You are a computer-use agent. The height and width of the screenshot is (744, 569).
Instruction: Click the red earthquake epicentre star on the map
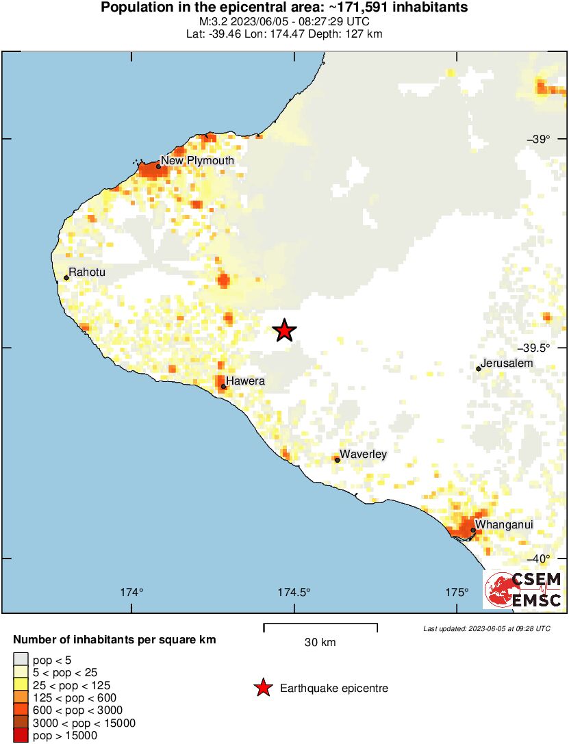tap(285, 331)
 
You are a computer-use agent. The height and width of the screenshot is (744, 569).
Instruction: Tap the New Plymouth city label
tap(197, 161)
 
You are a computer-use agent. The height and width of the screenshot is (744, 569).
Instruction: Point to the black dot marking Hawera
tap(223, 387)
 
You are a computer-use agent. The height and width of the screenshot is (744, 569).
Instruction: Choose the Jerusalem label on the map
tap(507, 363)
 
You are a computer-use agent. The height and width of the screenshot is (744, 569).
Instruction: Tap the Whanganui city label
tap(504, 525)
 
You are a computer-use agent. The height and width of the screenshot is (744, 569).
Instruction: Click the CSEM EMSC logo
tap(523, 590)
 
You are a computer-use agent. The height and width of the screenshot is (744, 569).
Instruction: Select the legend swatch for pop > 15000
tap(21, 736)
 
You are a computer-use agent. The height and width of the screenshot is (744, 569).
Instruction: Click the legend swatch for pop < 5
tap(21, 660)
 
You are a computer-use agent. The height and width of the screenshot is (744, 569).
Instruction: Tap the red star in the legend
tap(262, 689)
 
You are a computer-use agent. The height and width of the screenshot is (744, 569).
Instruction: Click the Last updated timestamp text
tap(486, 628)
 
